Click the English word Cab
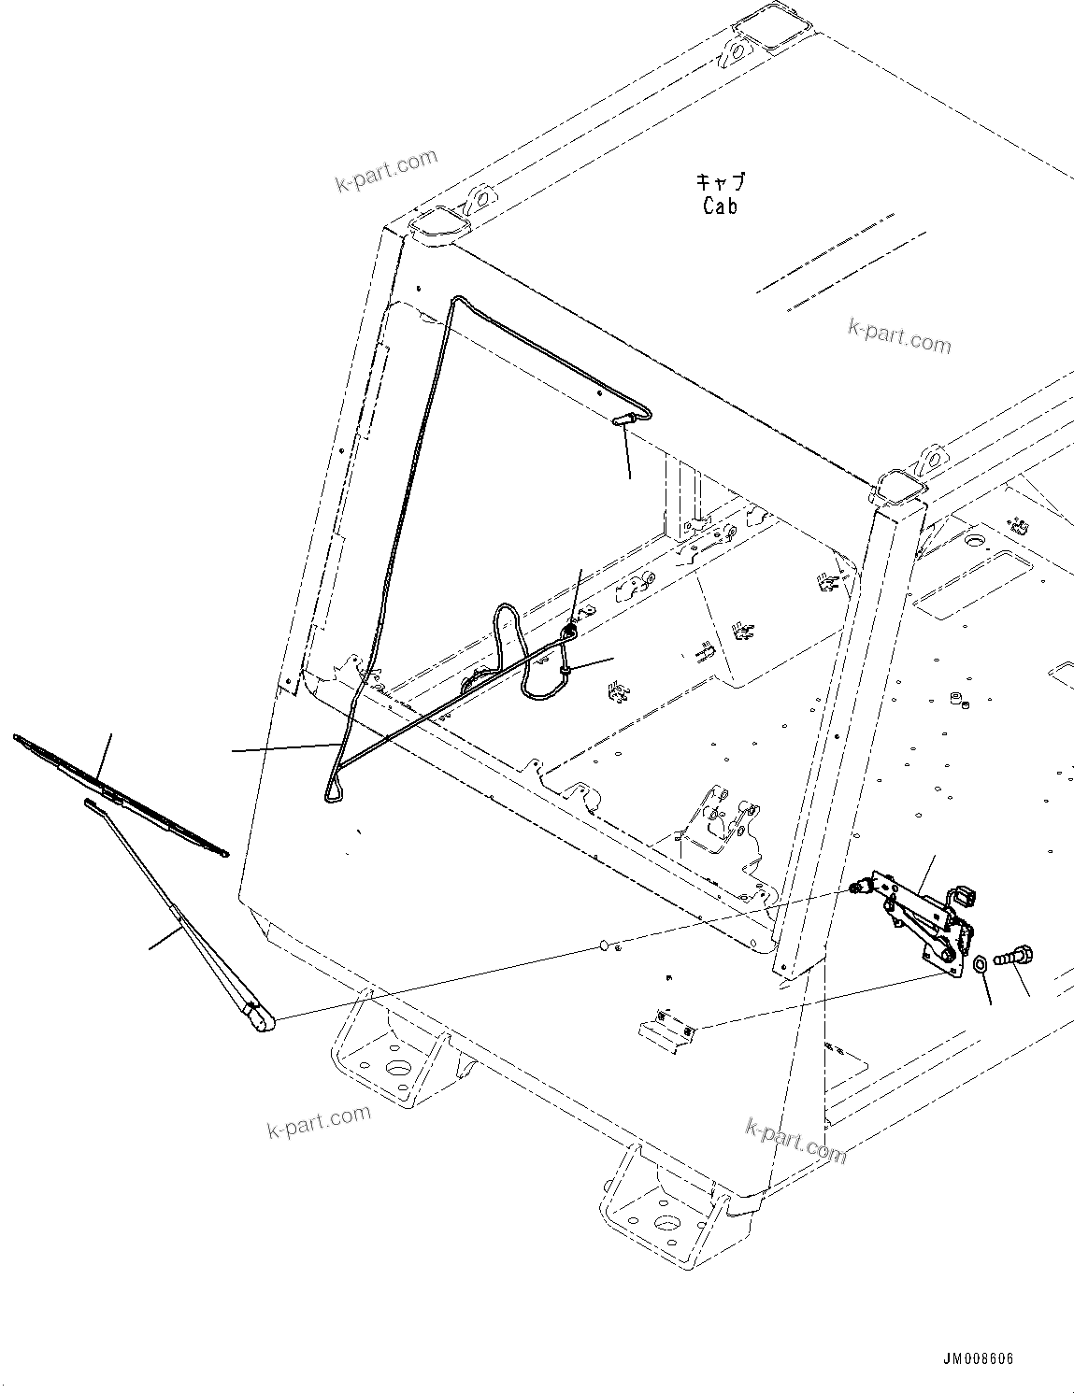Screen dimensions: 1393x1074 720,206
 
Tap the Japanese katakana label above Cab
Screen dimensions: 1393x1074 721,183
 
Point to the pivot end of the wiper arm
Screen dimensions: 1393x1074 259,1018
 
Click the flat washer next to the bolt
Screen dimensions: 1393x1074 980,964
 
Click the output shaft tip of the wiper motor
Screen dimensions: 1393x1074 854,888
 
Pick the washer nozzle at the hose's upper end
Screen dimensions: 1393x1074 623,420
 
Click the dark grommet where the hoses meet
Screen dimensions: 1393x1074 567,633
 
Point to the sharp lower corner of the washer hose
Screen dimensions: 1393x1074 329,797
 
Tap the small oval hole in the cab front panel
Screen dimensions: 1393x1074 606,945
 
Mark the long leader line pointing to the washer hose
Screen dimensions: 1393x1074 285,746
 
